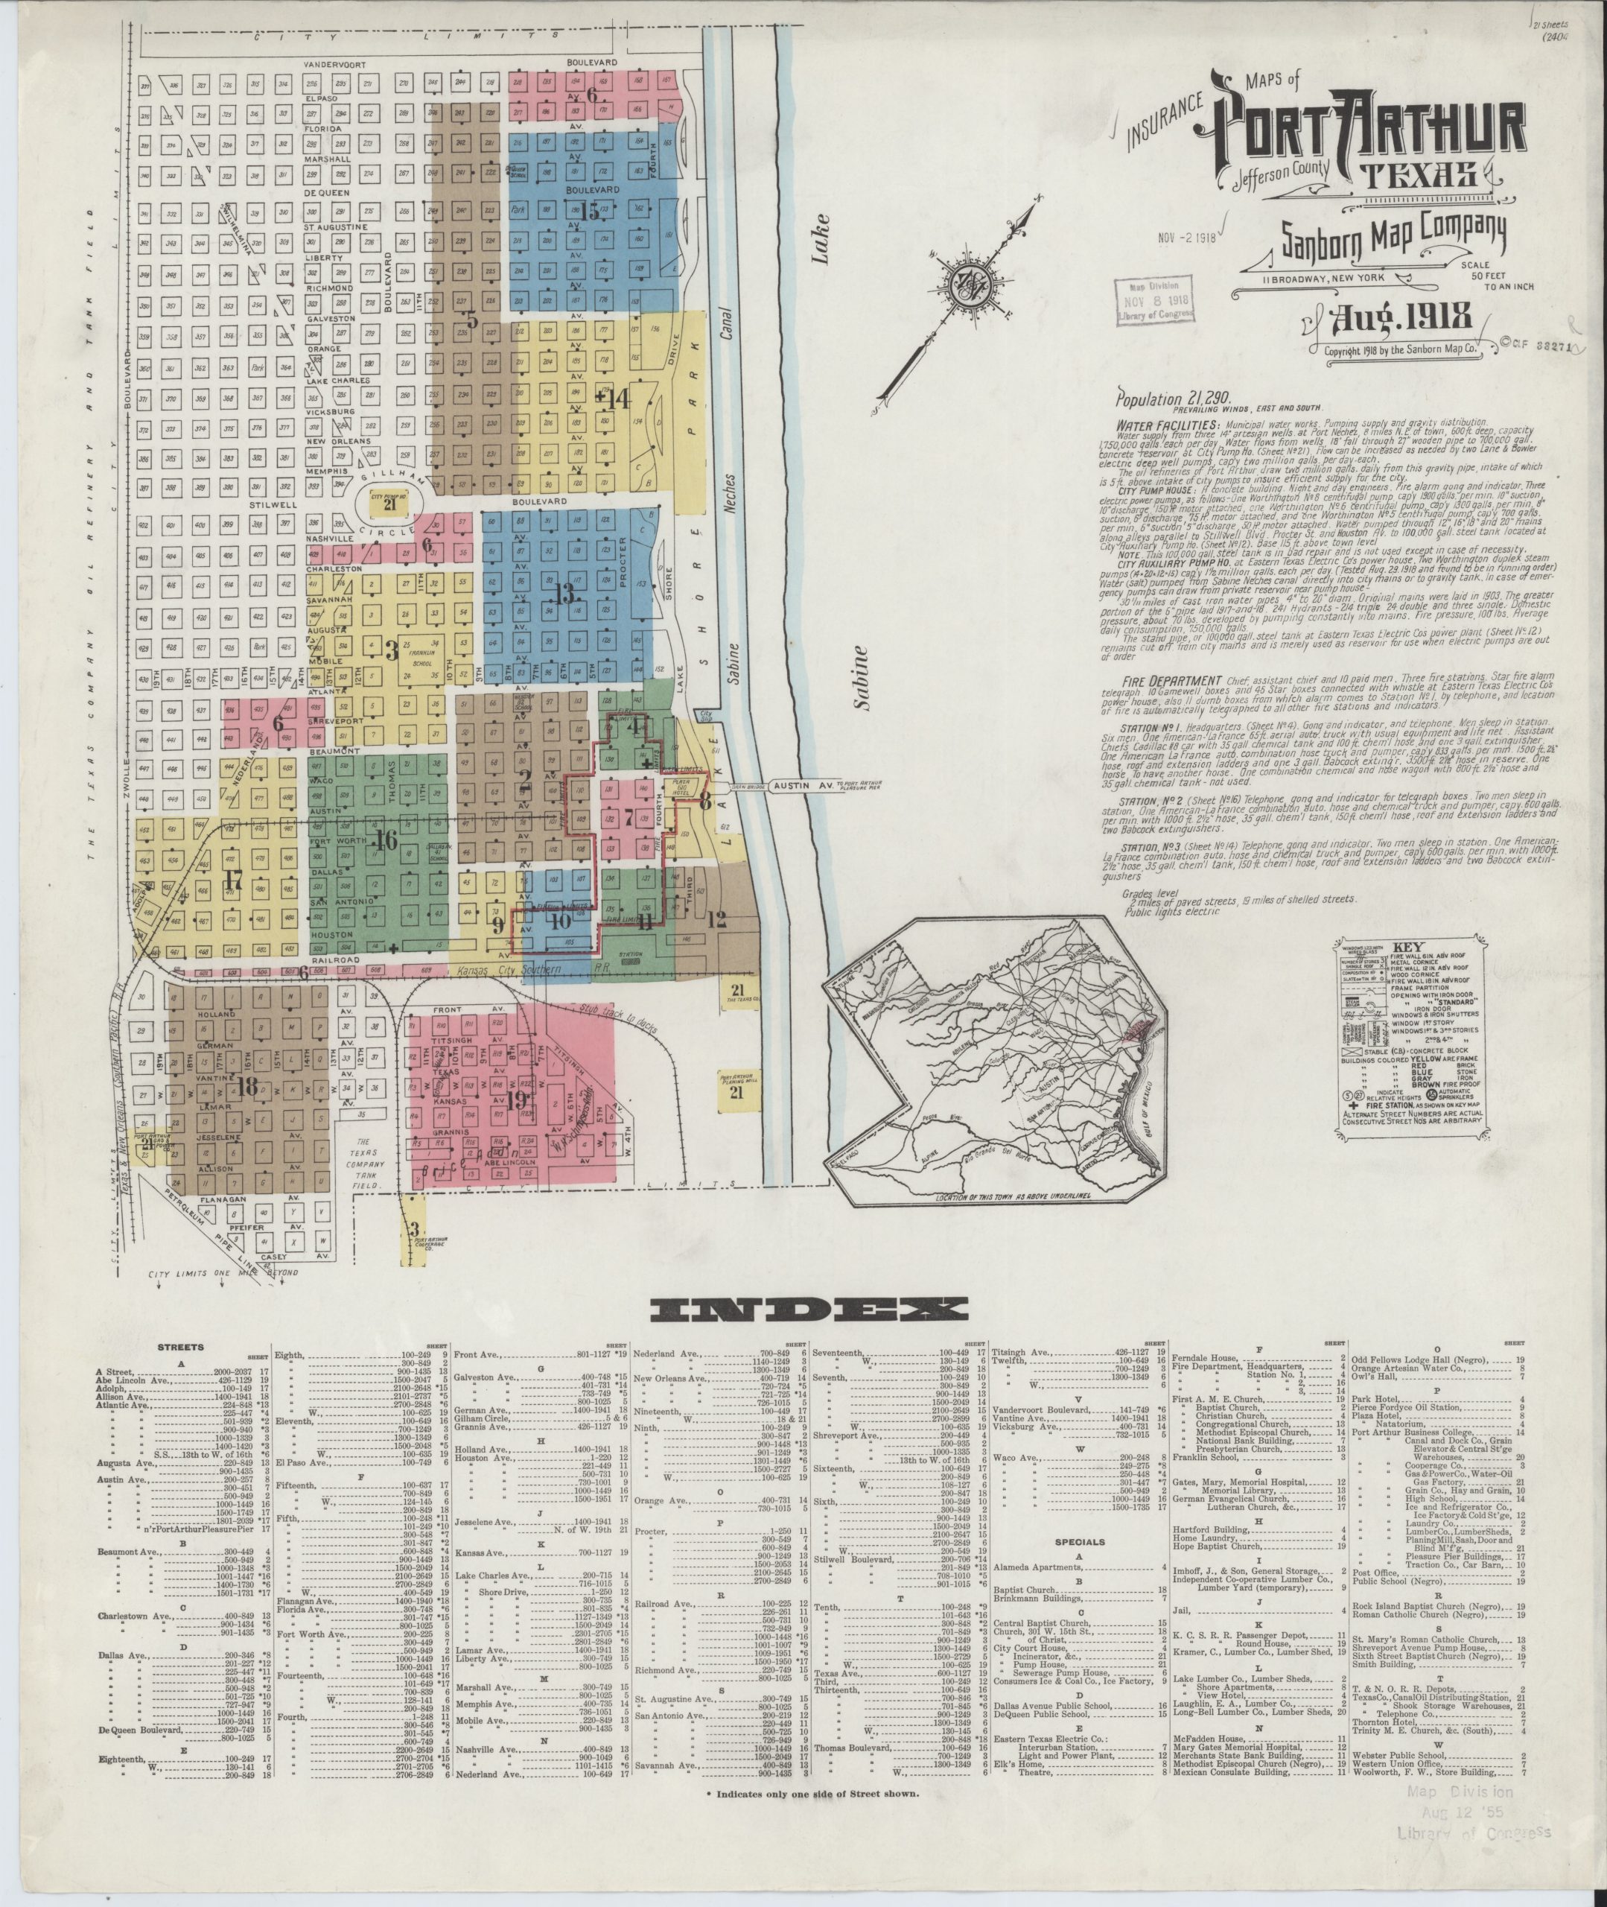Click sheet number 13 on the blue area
coord(566,593)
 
